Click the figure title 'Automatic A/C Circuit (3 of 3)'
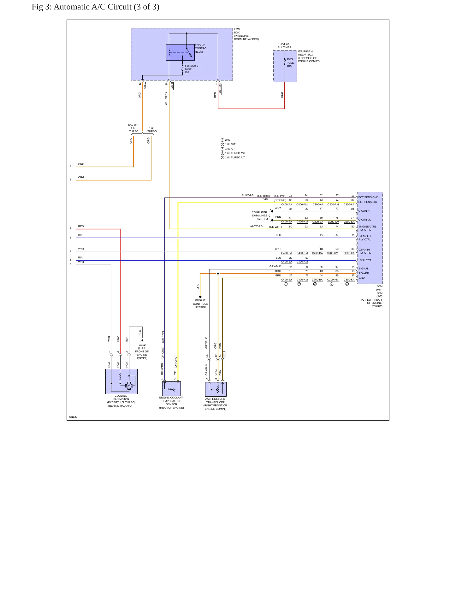pyautogui.click(x=106, y=7)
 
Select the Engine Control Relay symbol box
pyautogui.click(x=180, y=52)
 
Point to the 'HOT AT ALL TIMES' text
pyautogui.click(x=284, y=46)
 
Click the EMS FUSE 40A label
pyautogui.click(x=290, y=63)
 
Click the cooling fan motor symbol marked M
pyautogui.click(x=129, y=386)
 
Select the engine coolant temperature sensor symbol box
pyautogui.click(x=171, y=388)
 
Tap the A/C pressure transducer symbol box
pyautogui.click(x=216, y=389)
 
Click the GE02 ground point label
pyautogui.click(x=142, y=345)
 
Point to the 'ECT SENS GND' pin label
pyautogui.click(x=368, y=197)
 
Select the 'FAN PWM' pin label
pyautogui.click(x=365, y=260)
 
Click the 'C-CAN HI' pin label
pyautogui.click(x=364, y=211)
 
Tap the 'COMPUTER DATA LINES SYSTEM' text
pyautogui.click(x=260, y=215)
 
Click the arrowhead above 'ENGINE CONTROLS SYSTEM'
pyautogui.click(x=200, y=297)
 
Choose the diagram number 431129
pyautogui.click(x=73, y=417)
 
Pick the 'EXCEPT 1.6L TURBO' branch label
pyautogui.click(x=133, y=128)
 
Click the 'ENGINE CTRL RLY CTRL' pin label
pyautogui.click(x=367, y=228)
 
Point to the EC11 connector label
pyautogui.click(x=224, y=354)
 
